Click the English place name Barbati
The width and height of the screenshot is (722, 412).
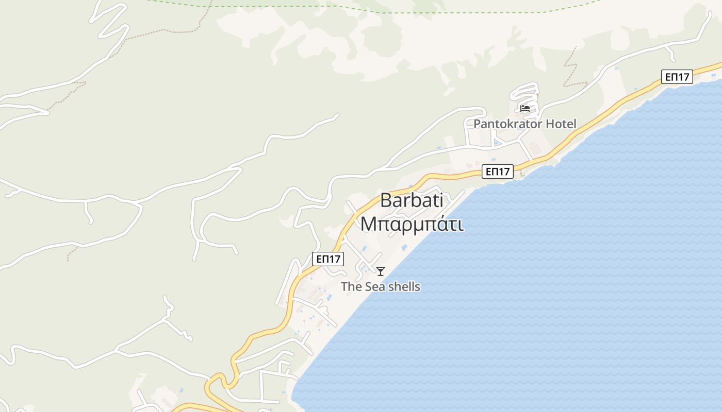[412, 201]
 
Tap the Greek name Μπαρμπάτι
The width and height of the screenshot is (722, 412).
[412, 225]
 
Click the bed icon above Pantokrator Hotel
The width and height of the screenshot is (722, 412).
[525, 108]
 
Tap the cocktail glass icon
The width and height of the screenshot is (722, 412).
[381, 271]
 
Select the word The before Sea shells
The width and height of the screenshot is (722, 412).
[351, 287]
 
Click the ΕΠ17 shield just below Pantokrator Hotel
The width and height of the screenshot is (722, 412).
[498, 171]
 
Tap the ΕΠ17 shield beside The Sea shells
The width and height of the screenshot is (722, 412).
[328, 259]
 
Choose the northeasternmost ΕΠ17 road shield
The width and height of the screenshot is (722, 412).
[677, 77]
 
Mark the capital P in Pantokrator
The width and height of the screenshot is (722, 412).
[477, 124]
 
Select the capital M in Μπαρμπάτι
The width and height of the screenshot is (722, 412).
[368, 225]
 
